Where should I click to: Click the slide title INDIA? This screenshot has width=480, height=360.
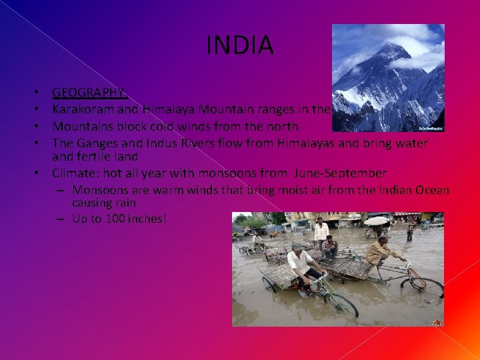240,45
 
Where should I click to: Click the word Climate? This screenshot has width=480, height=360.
75,173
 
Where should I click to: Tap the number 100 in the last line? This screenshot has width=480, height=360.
116,219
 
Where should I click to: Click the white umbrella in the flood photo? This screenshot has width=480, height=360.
376,221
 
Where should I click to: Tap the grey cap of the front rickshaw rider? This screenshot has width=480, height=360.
297,245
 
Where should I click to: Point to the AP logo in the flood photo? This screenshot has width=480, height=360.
437,322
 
